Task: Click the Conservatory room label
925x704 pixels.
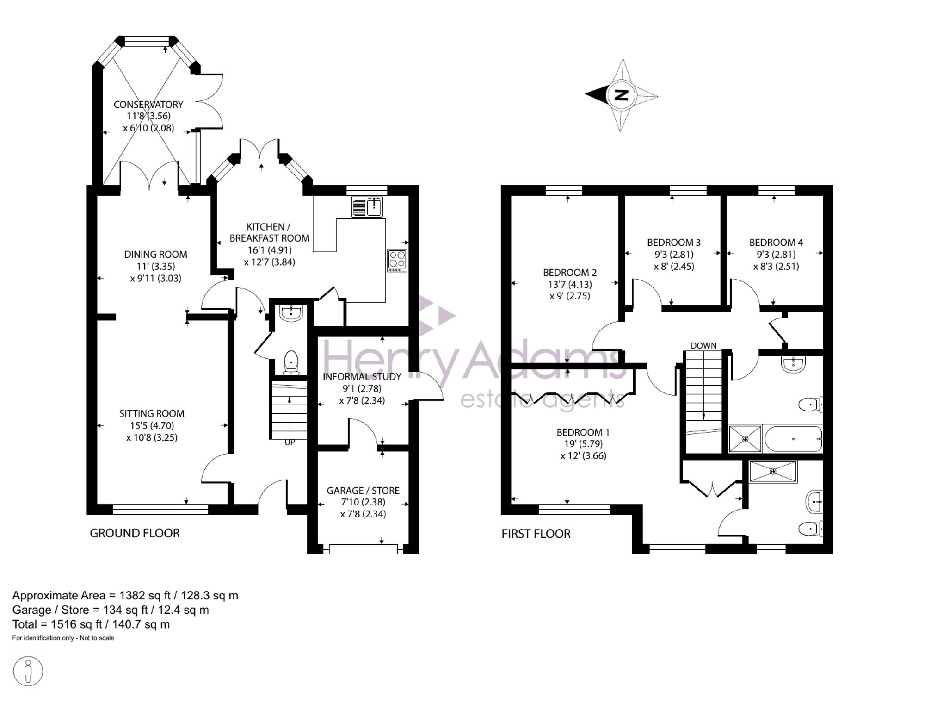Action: (x=148, y=105)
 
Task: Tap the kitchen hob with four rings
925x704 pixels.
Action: (x=397, y=261)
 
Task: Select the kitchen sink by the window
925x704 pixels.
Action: (x=367, y=207)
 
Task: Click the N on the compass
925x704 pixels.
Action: (x=622, y=95)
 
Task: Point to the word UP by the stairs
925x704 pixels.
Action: (x=290, y=442)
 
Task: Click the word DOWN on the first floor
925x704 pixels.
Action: (x=703, y=346)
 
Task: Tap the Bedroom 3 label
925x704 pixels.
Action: (x=674, y=243)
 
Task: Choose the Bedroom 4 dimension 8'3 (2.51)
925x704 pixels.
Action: (x=776, y=267)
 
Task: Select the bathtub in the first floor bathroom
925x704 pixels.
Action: (x=794, y=439)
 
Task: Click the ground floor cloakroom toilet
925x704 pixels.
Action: (x=291, y=362)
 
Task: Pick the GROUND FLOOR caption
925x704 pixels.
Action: (x=135, y=533)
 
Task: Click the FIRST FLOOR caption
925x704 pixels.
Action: (x=536, y=534)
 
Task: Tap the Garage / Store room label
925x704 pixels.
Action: (x=363, y=491)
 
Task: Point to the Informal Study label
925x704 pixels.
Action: (x=362, y=377)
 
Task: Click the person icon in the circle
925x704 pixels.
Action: (x=28, y=671)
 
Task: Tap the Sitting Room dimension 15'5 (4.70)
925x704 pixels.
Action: (x=152, y=426)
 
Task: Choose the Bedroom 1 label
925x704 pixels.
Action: (x=583, y=433)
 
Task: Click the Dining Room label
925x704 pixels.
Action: (x=156, y=255)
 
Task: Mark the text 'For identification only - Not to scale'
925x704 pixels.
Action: (x=63, y=638)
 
